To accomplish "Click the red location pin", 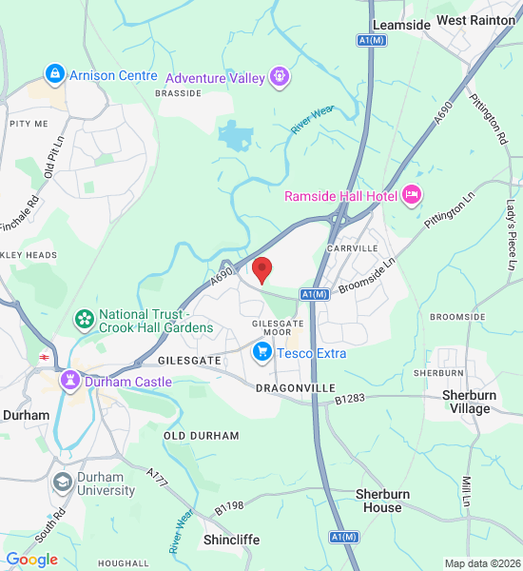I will [262, 269].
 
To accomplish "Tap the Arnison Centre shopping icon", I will [54, 74].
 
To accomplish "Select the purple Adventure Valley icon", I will [279, 75].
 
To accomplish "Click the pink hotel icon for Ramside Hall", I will [412, 195].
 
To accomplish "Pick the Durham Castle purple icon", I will [70, 381].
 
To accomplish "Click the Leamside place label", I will [401, 24].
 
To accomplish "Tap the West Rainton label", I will [475, 20].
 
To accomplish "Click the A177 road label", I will [157, 479].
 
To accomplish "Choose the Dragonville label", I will [297, 388].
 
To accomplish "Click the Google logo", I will [32, 560].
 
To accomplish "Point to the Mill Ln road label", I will [467, 493].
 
